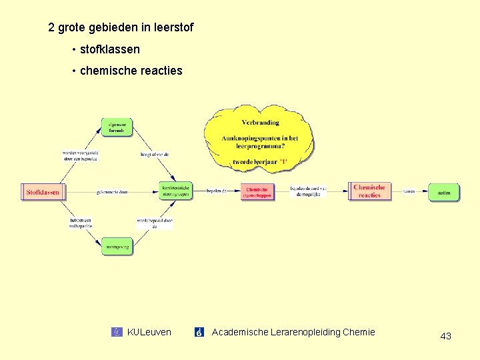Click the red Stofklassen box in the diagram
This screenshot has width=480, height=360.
click(x=43, y=192)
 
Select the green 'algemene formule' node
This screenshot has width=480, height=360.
click(x=117, y=127)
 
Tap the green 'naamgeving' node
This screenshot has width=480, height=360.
click(x=117, y=247)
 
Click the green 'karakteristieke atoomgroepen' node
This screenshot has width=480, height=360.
click(x=175, y=191)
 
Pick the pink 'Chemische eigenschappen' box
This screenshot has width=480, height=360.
click(x=257, y=192)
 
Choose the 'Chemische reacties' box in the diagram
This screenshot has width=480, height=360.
click(x=369, y=191)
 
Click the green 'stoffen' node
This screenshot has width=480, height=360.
click(x=444, y=192)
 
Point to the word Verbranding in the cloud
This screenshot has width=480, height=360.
click(x=260, y=123)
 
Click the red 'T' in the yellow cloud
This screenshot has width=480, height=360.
click(x=283, y=162)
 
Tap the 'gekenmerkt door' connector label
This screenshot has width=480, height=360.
click(x=112, y=192)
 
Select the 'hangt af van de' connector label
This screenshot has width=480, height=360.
click(x=155, y=155)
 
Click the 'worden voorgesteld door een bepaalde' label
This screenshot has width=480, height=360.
click(x=81, y=156)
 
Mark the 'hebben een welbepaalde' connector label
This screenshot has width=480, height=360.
click(x=80, y=223)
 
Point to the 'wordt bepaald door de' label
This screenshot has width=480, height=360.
click(x=155, y=223)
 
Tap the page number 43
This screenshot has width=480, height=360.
click(x=445, y=336)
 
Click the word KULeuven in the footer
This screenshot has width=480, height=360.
click(x=149, y=332)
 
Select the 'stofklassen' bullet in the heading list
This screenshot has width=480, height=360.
click(x=109, y=49)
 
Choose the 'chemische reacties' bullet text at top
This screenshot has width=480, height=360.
click(x=131, y=71)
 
